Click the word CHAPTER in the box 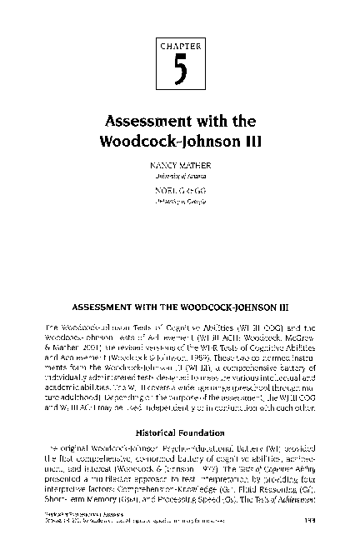[180, 48]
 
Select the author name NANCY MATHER [180, 167]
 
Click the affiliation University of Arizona [180, 176]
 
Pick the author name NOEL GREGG [180, 192]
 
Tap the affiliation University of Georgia [180, 201]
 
